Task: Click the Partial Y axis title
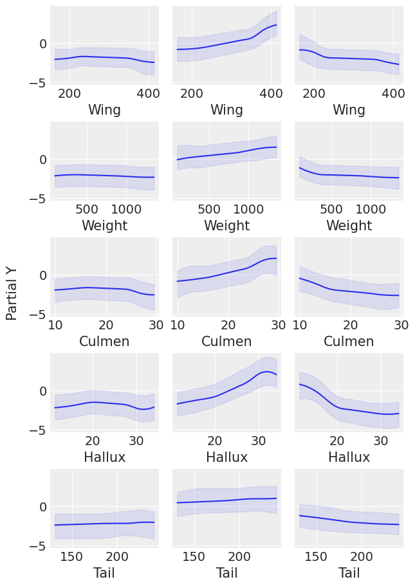click(12, 293)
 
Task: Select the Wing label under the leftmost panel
click(104, 110)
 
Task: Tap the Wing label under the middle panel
click(226, 110)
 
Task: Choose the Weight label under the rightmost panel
click(349, 226)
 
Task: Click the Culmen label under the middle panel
click(226, 342)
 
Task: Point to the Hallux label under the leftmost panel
click(104, 457)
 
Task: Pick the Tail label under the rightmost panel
click(349, 573)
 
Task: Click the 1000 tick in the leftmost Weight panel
click(125, 209)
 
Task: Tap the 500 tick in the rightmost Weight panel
click(331, 209)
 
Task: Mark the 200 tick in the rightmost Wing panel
click(314, 93)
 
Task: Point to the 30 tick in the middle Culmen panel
click(278, 325)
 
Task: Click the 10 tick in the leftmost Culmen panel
click(55, 325)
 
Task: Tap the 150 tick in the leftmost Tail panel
click(71, 556)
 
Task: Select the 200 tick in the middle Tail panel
click(239, 556)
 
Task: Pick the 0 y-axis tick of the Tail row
click(42, 507)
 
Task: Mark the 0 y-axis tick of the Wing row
click(42, 44)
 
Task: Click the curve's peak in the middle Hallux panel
click(266, 372)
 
